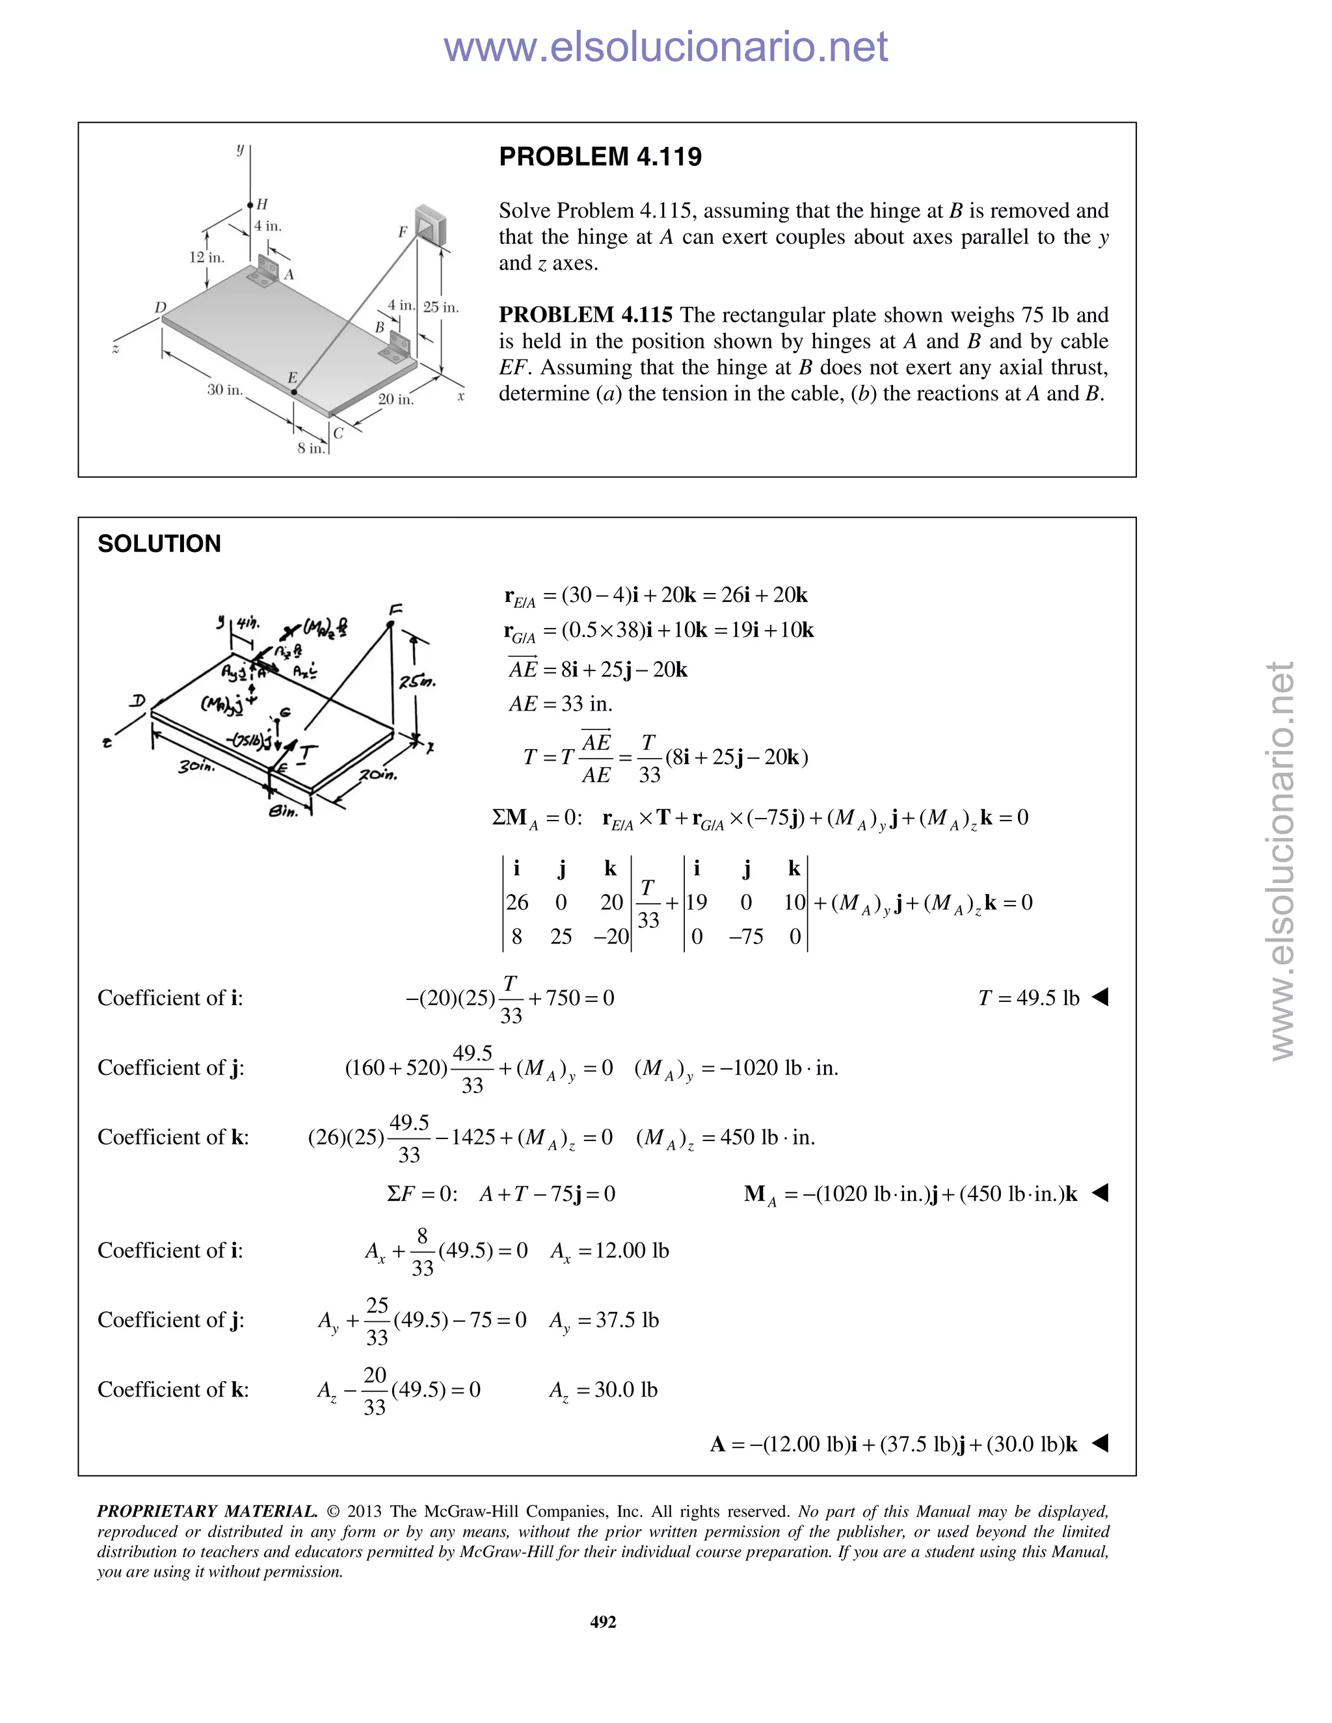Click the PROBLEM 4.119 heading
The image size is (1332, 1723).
600,156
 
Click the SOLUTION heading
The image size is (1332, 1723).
159,544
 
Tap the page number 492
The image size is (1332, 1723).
603,1621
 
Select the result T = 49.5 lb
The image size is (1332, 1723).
1028,998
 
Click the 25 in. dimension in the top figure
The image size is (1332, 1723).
440,307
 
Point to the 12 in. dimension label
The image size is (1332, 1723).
206,257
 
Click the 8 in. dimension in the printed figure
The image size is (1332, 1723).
311,448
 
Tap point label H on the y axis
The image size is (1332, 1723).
262,204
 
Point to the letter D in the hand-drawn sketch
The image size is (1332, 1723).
138,700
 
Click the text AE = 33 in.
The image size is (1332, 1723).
560,704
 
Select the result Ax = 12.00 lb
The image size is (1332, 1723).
609,1250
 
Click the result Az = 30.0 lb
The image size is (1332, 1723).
603,1389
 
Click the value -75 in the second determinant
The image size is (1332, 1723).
746,936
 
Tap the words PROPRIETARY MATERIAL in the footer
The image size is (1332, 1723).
207,1512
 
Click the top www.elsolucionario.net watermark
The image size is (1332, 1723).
665,47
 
